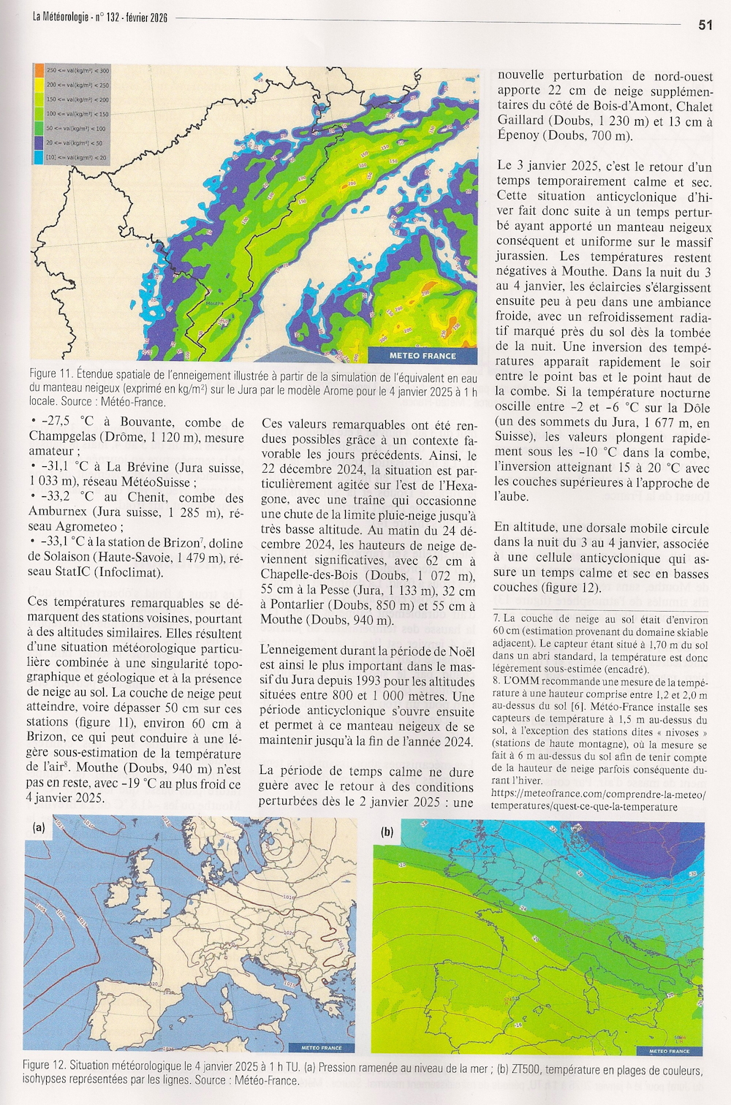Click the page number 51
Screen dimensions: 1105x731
click(705, 25)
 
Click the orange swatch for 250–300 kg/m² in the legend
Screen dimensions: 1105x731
click(39, 70)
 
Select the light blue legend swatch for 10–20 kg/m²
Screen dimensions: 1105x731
click(39, 157)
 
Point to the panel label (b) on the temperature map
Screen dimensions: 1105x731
click(387, 832)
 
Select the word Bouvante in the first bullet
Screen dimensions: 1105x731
click(147, 422)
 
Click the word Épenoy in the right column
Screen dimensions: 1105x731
click(520, 136)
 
